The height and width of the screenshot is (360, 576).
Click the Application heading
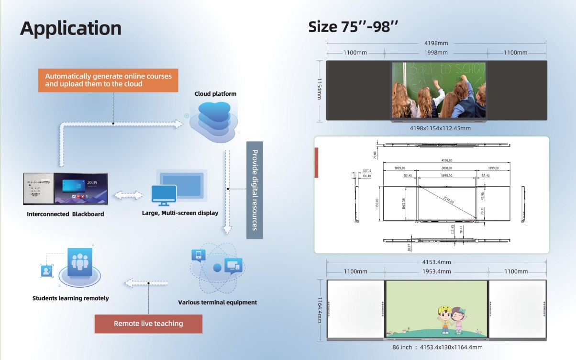(x=71, y=28)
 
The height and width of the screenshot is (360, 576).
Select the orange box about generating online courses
(x=108, y=80)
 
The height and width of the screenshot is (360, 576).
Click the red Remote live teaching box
(x=148, y=324)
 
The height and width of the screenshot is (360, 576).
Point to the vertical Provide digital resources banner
(x=255, y=190)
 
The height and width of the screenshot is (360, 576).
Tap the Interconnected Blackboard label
(x=66, y=214)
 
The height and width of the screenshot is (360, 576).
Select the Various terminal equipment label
(x=217, y=302)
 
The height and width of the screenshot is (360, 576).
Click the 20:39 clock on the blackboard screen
(x=93, y=182)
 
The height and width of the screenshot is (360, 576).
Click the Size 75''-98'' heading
(x=354, y=27)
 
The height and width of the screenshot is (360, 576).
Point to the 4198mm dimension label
(x=436, y=43)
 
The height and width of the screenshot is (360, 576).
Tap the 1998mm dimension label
(x=436, y=52)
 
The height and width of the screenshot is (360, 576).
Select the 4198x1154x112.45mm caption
(x=440, y=128)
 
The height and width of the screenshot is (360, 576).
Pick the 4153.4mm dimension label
(x=436, y=262)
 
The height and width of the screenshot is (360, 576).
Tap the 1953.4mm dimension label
(x=436, y=271)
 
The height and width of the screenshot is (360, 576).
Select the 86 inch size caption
(x=437, y=347)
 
